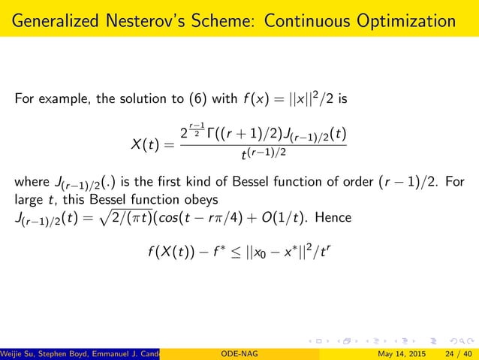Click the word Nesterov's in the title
point(154,18)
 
